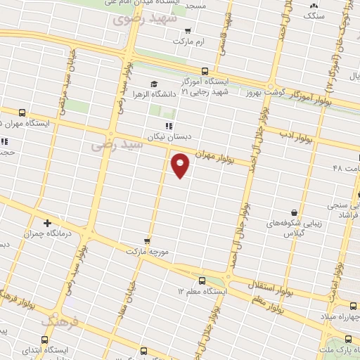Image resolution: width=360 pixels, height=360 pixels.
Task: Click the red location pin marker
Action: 181,165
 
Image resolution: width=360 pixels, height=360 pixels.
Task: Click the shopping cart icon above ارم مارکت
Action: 188,31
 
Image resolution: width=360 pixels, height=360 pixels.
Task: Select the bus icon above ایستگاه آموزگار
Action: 205,71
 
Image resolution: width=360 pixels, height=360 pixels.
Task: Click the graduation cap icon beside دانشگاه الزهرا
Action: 153,84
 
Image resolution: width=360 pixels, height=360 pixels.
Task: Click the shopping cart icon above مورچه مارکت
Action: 146,240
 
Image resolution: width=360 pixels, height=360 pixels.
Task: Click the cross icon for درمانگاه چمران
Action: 47,223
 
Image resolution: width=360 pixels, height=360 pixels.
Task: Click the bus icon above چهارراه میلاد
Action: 353,305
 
